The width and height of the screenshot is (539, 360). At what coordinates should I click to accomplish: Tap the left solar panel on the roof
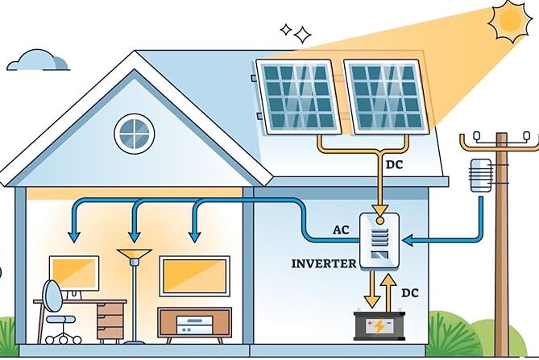[x=296, y=95]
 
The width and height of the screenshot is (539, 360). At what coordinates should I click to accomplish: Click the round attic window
[x=133, y=133]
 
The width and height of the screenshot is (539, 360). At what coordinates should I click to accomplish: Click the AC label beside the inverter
[x=341, y=230]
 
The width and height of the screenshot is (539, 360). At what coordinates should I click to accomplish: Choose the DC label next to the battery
[x=409, y=293]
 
